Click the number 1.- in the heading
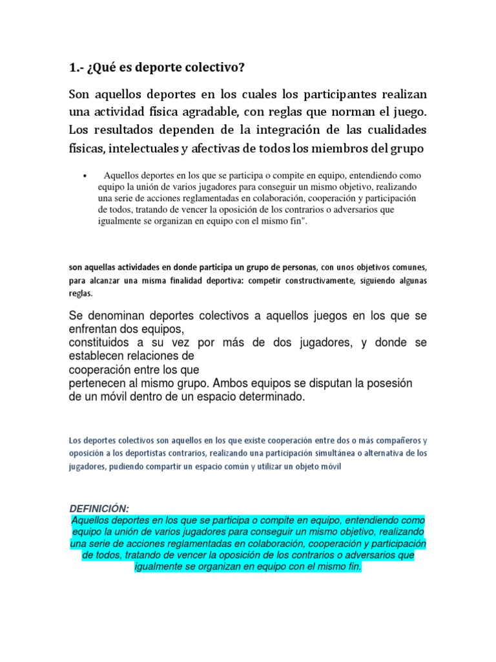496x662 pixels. pos(77,68)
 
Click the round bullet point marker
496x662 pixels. pos(85,176)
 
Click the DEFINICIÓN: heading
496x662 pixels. pos(101,509)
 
